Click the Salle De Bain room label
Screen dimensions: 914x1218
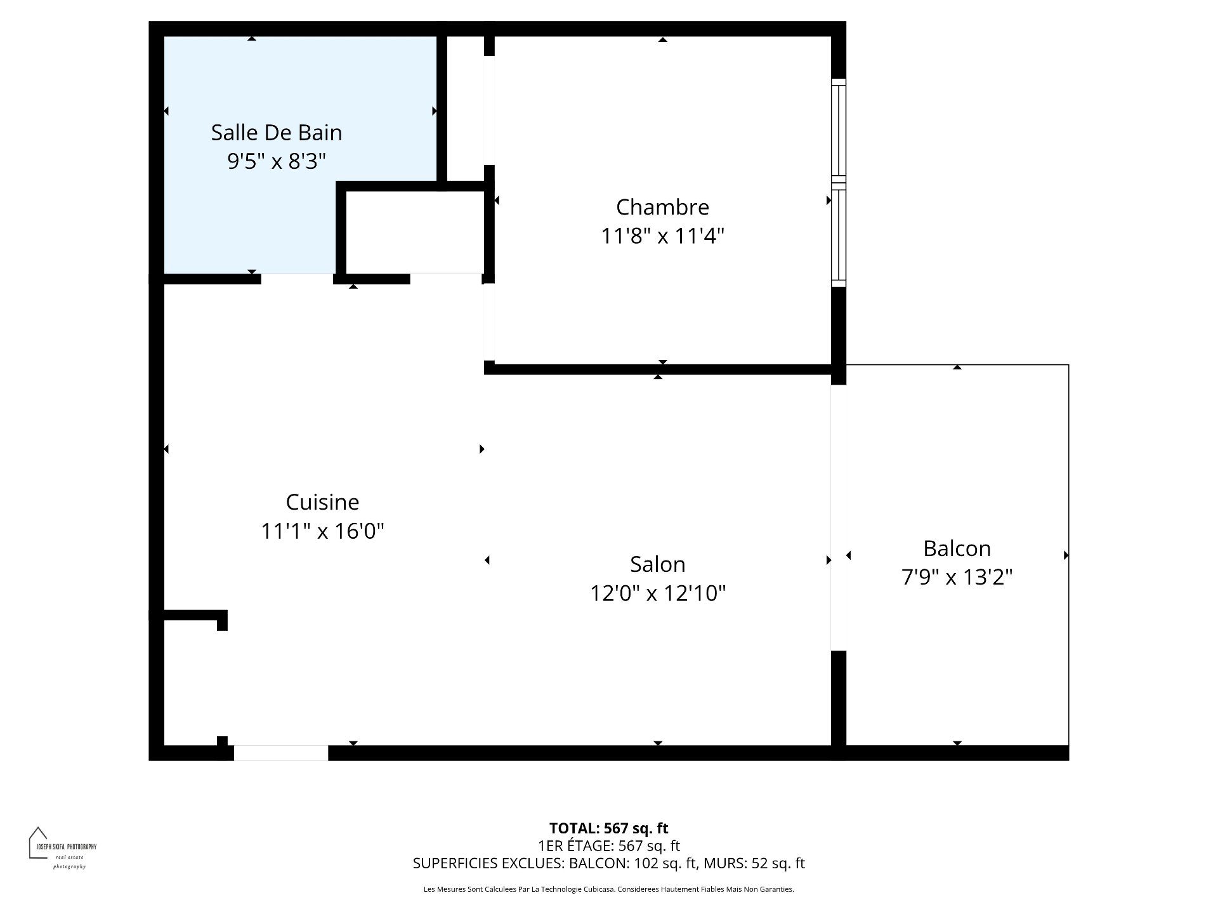pos(276,133)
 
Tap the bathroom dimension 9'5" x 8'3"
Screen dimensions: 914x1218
pos(276,161)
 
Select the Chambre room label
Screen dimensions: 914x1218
pos(662,207)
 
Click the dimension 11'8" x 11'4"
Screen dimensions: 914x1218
pos(662,236)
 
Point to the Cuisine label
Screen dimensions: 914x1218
pos(322,502)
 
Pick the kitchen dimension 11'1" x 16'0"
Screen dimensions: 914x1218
pos(322,531)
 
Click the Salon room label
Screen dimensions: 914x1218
pos(657,564)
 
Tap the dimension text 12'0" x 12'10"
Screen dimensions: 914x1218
pos(657,593)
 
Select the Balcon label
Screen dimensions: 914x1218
pos(956,548)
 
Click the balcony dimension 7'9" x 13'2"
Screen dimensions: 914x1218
pos(956,578)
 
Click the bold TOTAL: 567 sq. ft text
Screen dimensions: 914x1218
pos(608,828)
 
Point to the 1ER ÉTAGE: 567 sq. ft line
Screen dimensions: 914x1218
pos(608,845)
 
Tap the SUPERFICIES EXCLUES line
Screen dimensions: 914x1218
pos(608,863)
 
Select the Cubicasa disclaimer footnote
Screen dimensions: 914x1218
pos(608,889)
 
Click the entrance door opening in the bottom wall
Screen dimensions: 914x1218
pos(281,753)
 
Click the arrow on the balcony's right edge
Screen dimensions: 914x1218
pos(1066,555)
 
